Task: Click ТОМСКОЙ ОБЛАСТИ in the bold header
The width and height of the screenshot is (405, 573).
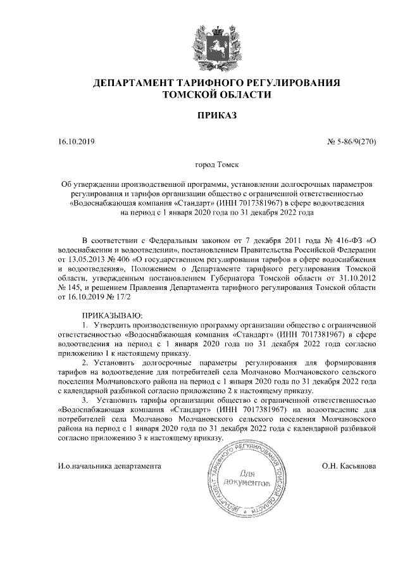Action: (216, 94)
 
